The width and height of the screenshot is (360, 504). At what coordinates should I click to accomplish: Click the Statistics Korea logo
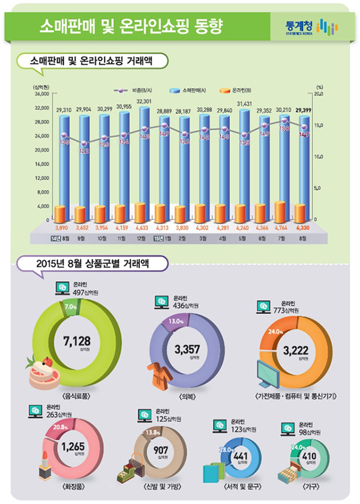(313, 26)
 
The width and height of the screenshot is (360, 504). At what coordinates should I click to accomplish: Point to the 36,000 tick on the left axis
(40, 94)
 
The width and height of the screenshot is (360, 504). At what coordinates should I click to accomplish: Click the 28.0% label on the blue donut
(226, 449)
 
